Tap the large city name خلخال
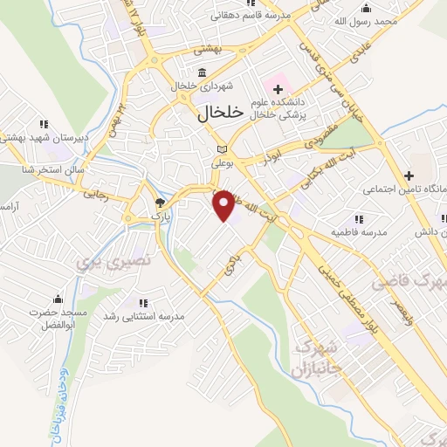pos(212,113)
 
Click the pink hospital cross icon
pos(278,87)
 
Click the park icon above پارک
pos(157,201)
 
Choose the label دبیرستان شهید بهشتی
pos(35,138)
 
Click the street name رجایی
pos(94,196)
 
